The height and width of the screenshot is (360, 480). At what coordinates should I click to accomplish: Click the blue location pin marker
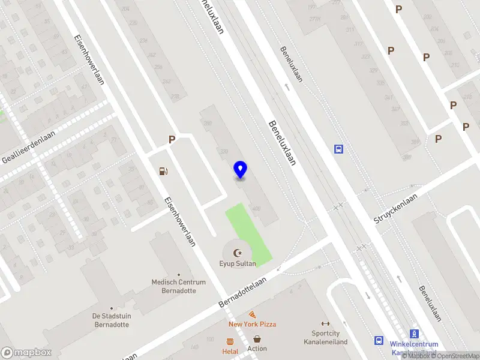pyautogui.click(x=240, y=170)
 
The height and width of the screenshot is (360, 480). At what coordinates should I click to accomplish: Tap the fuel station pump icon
pyautogui.click(x=163, y=172)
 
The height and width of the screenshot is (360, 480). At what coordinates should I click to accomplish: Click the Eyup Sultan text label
pyautogui.click(x=238, y=263)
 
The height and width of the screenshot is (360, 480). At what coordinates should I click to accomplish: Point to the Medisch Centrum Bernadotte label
pyautogui.click(x=178, y=286)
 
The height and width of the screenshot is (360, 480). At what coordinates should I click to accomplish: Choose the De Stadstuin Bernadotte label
pyautogui.click(x=112, y=320)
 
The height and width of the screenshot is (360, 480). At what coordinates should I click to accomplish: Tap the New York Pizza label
pyautogui.click(x=252, y=324)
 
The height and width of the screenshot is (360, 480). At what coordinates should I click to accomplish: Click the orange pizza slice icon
pyautogui.click(x=253, y=314)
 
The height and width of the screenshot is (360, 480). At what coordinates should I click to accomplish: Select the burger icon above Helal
pyautogui.click(x=230, y=341)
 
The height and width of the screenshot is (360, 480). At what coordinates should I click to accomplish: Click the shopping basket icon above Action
pyautogui.click(x=257, y=339)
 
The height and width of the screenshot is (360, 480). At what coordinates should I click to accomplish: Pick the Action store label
pyautogui.click(x=257, y=349)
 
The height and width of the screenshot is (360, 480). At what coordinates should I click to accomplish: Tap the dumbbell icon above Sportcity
pyautogui.click(x=326, y=323)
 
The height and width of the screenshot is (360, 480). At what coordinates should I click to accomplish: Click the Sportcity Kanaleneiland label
pyautogui.click(x=329, y=337)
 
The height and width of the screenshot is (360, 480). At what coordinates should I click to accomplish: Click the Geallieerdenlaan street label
pyautogui.click(x=28, y=148)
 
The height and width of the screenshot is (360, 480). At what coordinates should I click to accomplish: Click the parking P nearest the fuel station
pyautogui.click(x=172, y=140)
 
